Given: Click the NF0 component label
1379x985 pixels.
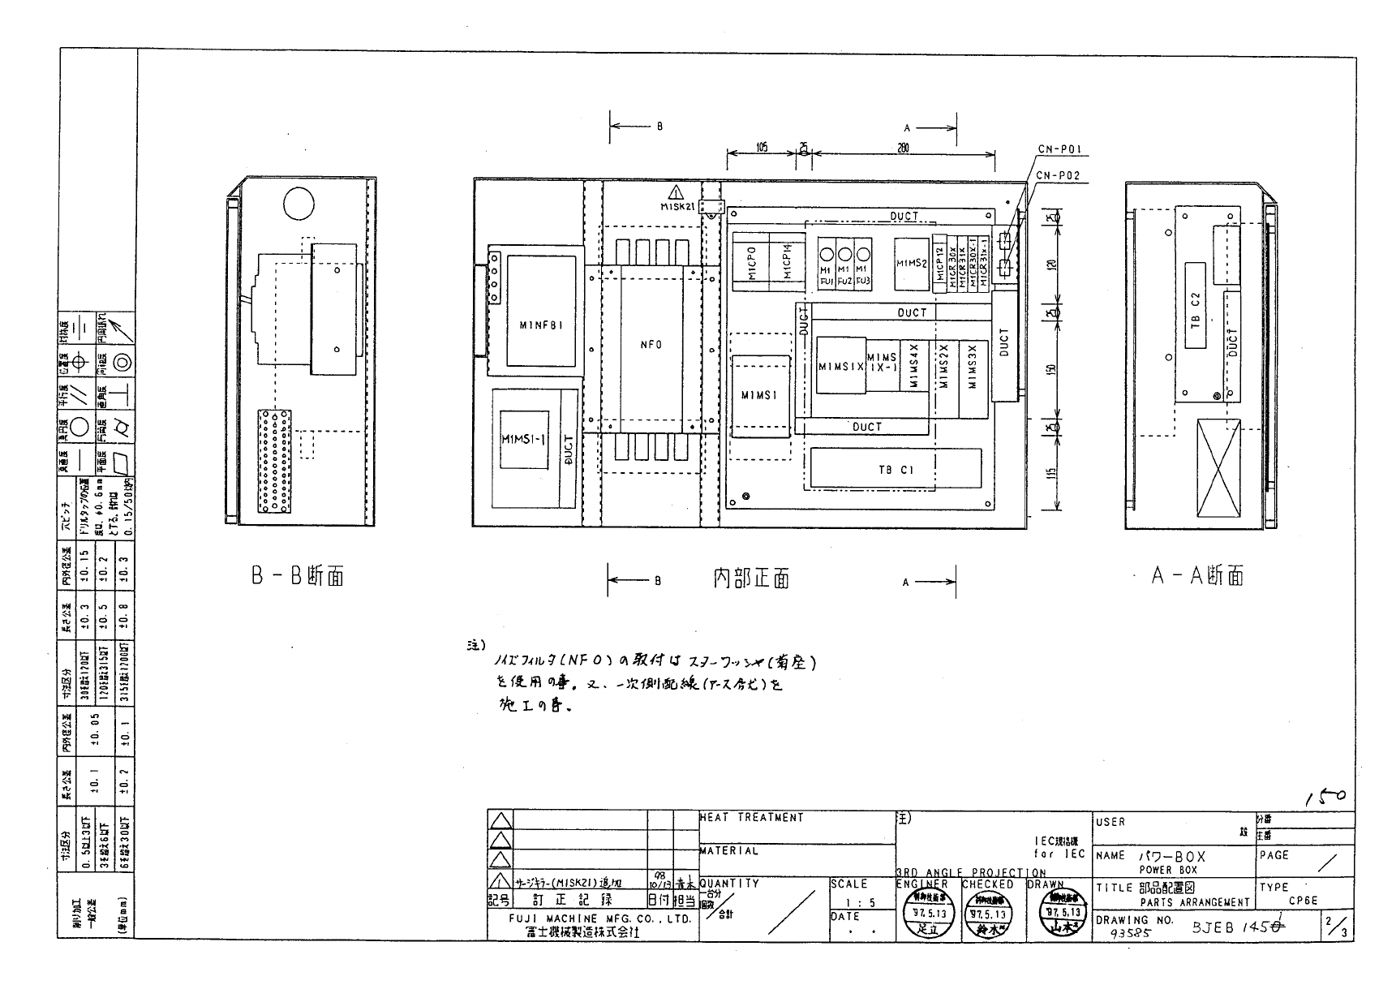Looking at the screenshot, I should pyautogui.click(x=651, y=345).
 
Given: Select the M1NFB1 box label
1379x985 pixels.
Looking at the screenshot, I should pyautogui.click(x=541, y=325).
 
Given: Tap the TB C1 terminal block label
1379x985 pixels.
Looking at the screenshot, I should pyautogui.click(x=896, y=470).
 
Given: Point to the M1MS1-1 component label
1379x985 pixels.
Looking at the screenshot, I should pyautogui.click(x=523, y=439).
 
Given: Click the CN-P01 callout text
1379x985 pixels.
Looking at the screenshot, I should pyautogui.click(x=1059, y=150).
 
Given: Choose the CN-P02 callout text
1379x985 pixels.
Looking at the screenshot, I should pyautogui.click(x=1059, y=175).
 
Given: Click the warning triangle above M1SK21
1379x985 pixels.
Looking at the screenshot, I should pyautogui.click(x=675, y=193).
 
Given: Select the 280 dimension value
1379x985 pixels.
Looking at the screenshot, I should pyautogui.click(x=903, y=148).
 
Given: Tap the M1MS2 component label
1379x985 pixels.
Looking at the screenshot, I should pyautogui.click(x=912, y=263).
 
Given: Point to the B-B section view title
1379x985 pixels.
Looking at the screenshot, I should pyautogui.click(x=297, y=576).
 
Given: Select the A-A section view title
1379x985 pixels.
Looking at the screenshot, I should pyautogui.click(x=1197, y=576).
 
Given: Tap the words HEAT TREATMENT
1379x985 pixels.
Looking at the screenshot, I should pyautogui.click(x=752, y=818).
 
